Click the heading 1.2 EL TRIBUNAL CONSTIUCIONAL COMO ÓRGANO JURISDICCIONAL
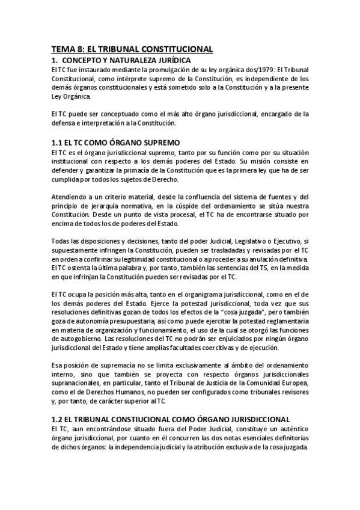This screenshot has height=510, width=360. click(x=171, y=419)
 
